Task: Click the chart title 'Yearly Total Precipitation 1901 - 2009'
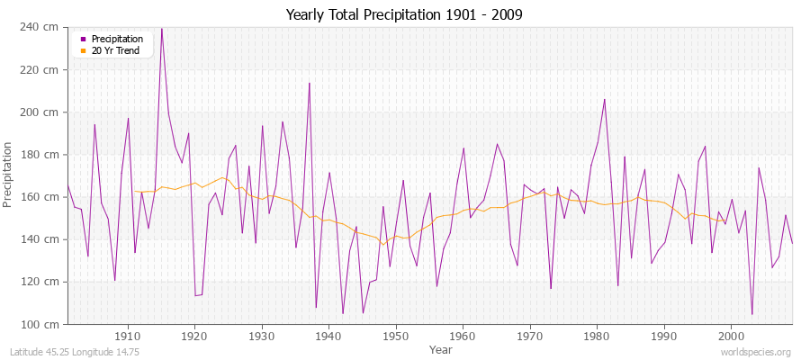(x=404, y=14)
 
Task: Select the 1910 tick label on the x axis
(x=128, y=336)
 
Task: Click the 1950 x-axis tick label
(x=396, y=336)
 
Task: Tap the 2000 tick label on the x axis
(x=732, y=336)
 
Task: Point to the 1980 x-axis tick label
(x=598, y=336)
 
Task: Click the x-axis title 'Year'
(x=441, y=348)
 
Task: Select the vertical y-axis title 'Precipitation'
(x=9, y=175)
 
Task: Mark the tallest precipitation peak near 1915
(x=162, y=28)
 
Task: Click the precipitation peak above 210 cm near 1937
(x=310, y=83)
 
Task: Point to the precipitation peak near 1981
(x=604, y=99)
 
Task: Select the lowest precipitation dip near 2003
(x=752, y=314)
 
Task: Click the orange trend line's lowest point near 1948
(x=382, y=244)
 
